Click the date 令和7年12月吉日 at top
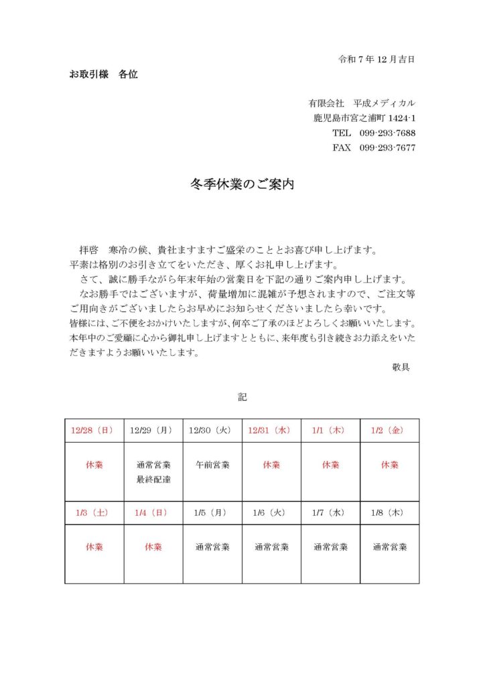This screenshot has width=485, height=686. coord(376,59)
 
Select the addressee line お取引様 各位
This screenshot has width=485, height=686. coord(104,74)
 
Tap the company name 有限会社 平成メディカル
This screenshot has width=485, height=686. coord(362,103)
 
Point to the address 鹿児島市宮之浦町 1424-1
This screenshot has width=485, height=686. coord(364,118)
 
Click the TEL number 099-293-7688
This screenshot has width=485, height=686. coord(387,133)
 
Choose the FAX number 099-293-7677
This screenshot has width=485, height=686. coord(387,147)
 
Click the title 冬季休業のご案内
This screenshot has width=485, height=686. coord(242,184)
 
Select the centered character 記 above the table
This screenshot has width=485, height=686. coord(242,397)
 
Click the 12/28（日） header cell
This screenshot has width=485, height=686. coord(94,430)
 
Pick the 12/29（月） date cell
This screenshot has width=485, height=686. coord(153,430)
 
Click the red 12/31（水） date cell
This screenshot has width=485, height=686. coord(271,430)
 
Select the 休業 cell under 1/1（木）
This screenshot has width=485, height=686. coord(331,464)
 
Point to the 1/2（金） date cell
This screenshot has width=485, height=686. coord(390,430)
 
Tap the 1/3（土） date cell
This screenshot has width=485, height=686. coord(94,512)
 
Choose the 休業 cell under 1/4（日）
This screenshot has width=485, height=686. coord(153,547)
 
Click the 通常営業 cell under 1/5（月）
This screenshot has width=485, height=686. coord(212,547)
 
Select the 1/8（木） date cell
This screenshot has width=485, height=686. coord(390,512)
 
